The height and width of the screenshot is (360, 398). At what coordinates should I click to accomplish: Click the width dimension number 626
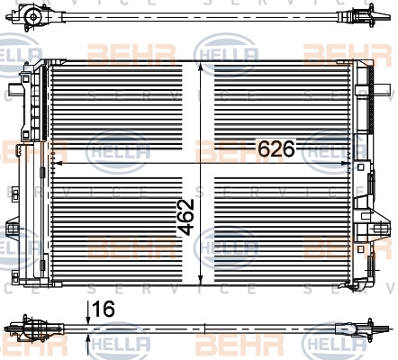click(x=276, y=148)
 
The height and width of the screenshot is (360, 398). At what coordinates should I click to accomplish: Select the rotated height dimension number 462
click(x=185, y=217)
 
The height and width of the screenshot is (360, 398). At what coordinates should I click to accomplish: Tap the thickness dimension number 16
click(x=104, y=309)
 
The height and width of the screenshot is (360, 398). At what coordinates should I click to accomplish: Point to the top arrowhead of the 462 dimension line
click(x=201, y=67)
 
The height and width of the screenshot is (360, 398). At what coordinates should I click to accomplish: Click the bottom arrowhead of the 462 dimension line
click(x=201, y=278)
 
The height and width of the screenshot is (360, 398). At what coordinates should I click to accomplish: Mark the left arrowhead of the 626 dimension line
click(x=57, y=163)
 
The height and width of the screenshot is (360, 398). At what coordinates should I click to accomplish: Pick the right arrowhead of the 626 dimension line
click(x=345, y=163)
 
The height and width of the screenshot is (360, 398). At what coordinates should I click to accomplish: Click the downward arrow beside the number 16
click(x=88, y=313)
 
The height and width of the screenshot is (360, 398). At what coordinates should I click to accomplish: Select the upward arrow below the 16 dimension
click(x=88, y=345)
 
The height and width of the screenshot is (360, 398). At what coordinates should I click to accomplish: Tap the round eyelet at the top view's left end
click(x=32, y=16)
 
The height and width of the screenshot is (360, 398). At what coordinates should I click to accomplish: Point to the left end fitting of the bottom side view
click(x=33, y=328)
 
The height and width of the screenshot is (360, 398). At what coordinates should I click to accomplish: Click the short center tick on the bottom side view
click(x=204, y=328)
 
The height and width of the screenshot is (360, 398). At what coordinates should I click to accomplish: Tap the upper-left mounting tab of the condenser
click(x=15, y=89)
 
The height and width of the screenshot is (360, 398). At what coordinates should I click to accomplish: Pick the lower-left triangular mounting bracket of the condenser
click(x=13, y=229)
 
